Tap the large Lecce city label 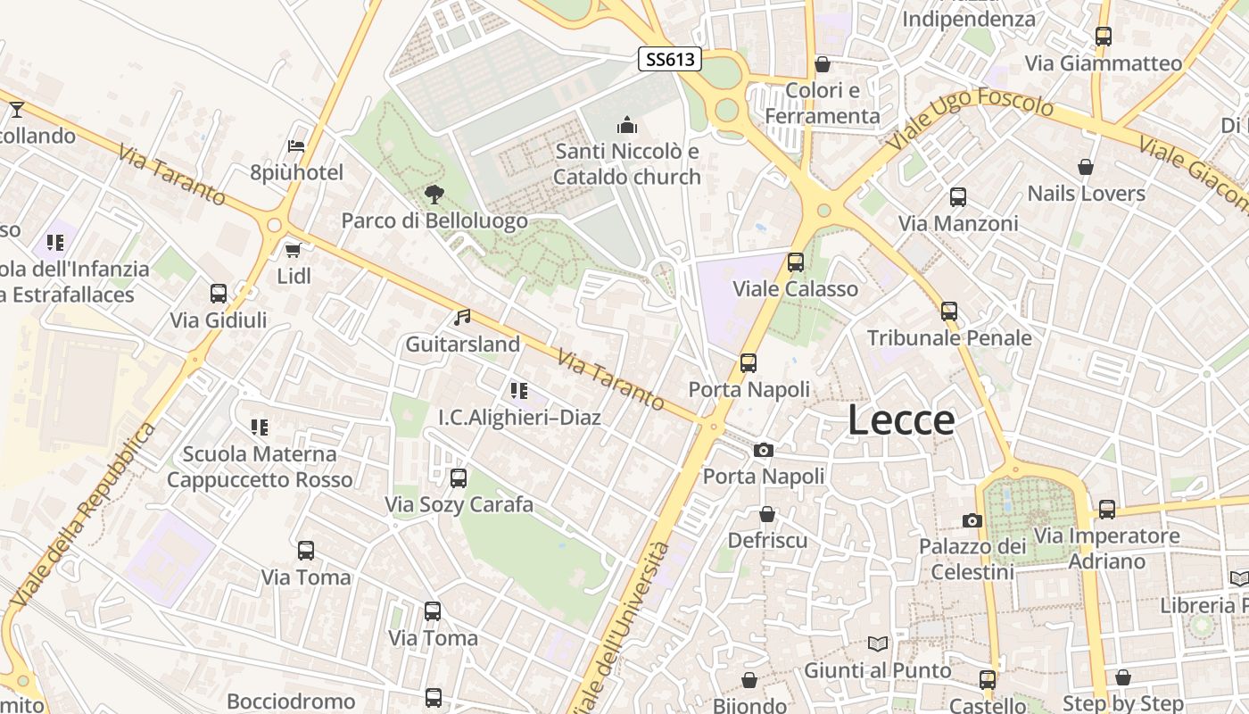point(901,419)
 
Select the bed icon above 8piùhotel point(296,146)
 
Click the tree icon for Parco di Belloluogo point(434,194)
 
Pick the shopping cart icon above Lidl point(294,250)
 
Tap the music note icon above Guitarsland point(462,317)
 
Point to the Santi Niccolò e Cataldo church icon point(627,125)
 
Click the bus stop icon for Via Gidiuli point(219,294)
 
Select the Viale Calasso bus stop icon point(795,262)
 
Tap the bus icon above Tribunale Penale point(949,311)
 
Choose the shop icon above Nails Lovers point(1086,167)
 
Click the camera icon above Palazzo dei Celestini point(972,520)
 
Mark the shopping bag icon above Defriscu point(767,514)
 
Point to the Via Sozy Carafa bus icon point(459,478)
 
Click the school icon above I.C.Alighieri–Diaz point(519,390)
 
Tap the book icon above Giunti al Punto point(878,643)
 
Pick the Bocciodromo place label point(291,702)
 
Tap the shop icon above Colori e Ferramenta point(823,64)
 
